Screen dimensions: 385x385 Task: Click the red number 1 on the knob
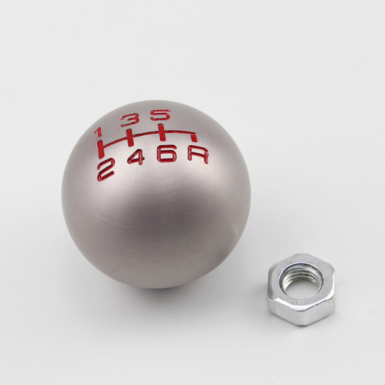click(98, 132)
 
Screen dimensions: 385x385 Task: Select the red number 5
click(160, 115)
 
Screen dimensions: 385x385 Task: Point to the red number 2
click(106, 169)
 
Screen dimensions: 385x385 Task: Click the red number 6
click(166, 153)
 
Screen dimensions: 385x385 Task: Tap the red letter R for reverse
click(198, 154)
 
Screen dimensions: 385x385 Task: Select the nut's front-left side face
click(281, 308)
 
